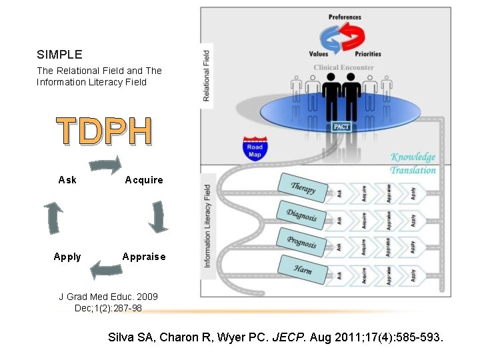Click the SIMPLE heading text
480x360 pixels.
59,54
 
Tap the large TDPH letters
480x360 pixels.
105,131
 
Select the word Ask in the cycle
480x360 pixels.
67,180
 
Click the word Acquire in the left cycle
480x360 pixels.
144,180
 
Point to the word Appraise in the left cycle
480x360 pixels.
144,257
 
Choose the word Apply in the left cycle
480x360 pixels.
67,257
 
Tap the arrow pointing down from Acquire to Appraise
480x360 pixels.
157,217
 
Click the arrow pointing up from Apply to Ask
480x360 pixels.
54,217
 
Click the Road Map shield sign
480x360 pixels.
255,148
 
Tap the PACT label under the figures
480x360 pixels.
342,127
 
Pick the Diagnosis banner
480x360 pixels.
301,215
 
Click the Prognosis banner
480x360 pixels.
301,243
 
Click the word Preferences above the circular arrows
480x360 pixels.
345,17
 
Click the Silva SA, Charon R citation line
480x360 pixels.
275,337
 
